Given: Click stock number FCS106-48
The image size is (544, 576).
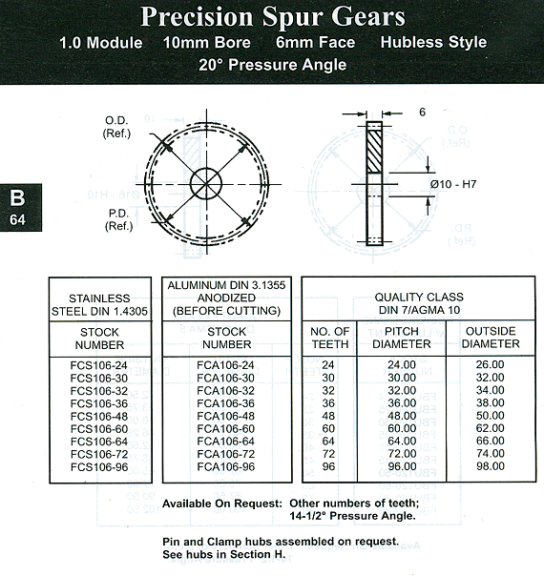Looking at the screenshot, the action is (x=99, y=416).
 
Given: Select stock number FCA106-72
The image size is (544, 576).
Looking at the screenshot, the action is (x=225, y=454).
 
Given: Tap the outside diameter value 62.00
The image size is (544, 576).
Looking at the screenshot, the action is (x=490, y=428).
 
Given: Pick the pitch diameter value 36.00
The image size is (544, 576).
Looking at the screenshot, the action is (x=402, y=403).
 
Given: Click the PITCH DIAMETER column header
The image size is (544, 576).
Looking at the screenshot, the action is (x=402, y=338).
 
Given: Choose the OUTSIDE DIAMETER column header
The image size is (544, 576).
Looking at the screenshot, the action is (x=491, y=338).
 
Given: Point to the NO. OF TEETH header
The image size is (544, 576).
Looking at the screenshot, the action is (x=329, y=338).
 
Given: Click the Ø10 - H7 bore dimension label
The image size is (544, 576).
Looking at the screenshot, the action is (x=453, y=184).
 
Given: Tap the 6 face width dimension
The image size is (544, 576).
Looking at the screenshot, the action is (x=423, y=112).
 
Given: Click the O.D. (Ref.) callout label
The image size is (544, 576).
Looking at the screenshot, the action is (x=116, y=127).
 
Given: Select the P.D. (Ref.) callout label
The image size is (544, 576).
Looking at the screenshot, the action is (x=118, y=219).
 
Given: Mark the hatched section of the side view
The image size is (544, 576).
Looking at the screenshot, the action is (x=374, y=151).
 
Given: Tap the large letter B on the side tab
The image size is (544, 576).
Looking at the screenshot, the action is (x=17, y=198).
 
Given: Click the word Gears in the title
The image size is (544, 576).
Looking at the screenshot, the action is (x=368, y=16).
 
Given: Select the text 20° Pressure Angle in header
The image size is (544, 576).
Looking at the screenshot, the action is (x=272, y=65).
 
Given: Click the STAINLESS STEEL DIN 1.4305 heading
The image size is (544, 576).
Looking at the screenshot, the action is (x=99, y=305).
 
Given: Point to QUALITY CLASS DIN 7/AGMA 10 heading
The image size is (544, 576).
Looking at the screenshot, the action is (x=419, y=303).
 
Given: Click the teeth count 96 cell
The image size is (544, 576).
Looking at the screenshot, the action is (x=328, y=466).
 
